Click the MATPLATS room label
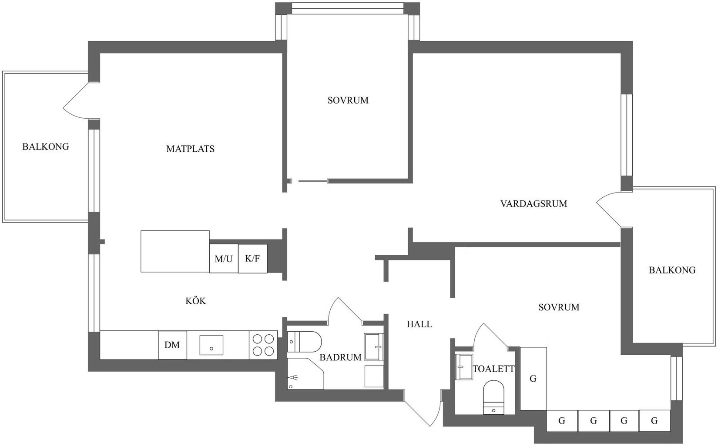pyautogui.click(x=190, y=149)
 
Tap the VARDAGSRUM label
pyautogui.click(x=533, y=203)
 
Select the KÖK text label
pyautogui.click(x=196, y=301)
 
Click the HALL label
pyautogui.click(x=419, y=324)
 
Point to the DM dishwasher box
pyautogui.click(x=172, y=345)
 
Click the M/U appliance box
pyautogui.click(x=224, y=259)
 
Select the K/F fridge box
pyautogui.click(x=252, y=259)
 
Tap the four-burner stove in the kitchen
pyautogui.click(x=263, y=345)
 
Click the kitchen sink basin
pyautogui.click(x=211, y=345)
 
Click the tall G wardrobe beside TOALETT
pyautogui.click(x=533, y=378)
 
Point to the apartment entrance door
pyautogui.click(x=424, y=409)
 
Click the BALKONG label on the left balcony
pyautogui.click(x=46, y=146)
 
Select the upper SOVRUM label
pyautogui.click(x=348, y=100)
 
